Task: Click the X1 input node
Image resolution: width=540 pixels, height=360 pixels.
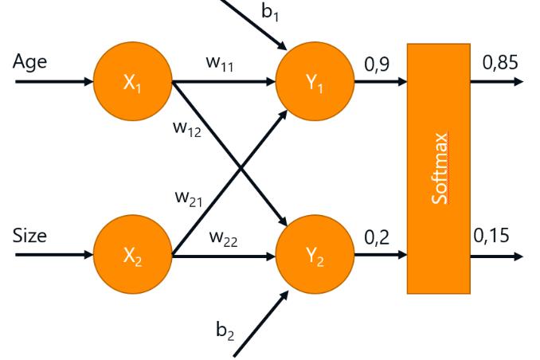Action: pos(133,82)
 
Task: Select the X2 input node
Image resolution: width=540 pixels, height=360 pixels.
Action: pos(133,255)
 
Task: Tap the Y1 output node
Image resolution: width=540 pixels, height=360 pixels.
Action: pos(315,82)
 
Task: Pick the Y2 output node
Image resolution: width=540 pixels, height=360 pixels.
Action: pos(315,255)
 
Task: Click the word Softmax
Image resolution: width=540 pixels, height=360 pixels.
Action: pos(440,168)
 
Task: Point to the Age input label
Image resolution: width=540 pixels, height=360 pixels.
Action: pos(29,63)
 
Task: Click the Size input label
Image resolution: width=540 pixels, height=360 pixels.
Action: pos(29,236)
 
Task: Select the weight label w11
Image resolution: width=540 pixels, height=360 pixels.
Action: pos(220,64)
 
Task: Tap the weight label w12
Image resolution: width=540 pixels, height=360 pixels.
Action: pos(187,129)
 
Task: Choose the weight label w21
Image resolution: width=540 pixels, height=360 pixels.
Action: pos(189,199)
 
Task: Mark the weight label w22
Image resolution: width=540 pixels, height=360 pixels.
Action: pos(224,238)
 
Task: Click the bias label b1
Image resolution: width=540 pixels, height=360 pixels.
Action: pos(270,13)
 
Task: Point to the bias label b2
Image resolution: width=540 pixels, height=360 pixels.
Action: pos(225,331)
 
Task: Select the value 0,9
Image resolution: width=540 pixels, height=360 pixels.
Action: pos(377,65)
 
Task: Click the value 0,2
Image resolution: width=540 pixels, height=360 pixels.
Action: pos(377,237)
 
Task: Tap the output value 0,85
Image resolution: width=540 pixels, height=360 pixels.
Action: pos(500,63)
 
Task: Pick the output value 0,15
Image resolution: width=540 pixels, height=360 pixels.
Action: pos(491,236)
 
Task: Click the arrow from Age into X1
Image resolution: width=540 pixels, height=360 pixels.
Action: pos(54,82)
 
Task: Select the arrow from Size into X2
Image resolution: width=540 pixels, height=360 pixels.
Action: pos(54,255)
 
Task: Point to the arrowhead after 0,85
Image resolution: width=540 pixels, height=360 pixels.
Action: pos(518,82)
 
